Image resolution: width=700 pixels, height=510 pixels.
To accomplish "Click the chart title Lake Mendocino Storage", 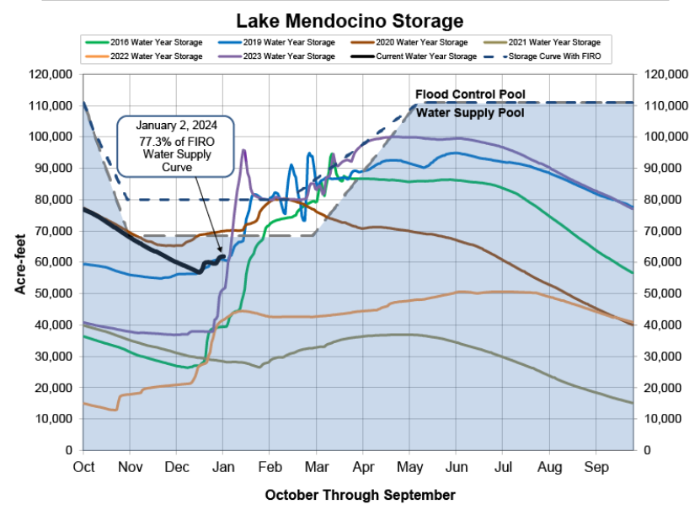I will pos(349,20).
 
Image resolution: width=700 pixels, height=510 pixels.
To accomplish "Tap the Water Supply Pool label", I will pos(470,112).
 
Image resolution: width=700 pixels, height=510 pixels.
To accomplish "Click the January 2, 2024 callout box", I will pos(174,146).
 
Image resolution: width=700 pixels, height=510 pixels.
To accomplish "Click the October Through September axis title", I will pos(360,495).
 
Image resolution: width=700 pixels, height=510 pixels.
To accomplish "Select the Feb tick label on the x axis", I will pos(271,465).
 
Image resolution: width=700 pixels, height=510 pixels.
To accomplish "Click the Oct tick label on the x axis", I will pos(83,465).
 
